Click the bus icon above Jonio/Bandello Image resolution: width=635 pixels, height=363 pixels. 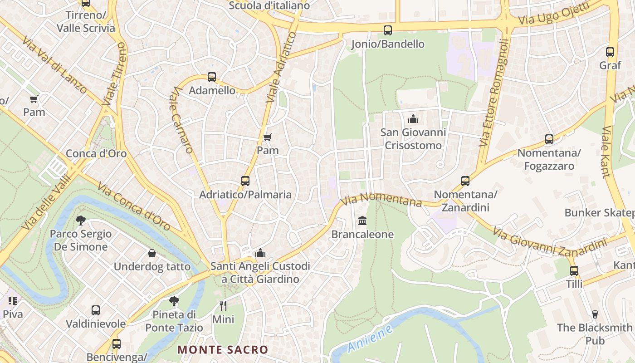388,30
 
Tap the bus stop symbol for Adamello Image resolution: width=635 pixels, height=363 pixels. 212,77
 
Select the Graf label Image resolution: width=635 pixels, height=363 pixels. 610,65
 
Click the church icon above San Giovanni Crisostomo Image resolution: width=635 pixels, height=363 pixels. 413,119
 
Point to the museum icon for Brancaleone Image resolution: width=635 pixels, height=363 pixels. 362,221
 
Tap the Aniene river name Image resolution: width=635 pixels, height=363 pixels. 370,339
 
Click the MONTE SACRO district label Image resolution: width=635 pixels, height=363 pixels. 223,350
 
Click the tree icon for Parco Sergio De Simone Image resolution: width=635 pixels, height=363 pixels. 81,221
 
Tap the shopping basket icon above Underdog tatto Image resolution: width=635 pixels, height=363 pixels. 152,253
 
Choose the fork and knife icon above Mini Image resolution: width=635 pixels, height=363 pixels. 223,305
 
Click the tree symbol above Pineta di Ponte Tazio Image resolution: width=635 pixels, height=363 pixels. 174,301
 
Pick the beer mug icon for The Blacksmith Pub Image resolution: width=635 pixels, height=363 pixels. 595,314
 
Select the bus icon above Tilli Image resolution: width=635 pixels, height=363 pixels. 574,271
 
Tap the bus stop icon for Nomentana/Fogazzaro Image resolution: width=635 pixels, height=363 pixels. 549,139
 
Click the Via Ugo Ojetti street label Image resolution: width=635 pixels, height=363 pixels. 554,14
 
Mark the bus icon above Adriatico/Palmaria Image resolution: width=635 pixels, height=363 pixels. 245,181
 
